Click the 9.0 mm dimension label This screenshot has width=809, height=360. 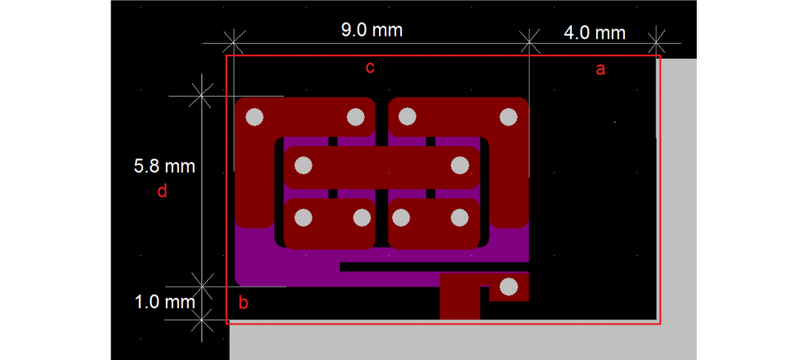pos(371,30)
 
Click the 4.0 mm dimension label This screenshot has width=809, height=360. pos(594,33)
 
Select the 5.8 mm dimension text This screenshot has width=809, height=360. pos(164,167)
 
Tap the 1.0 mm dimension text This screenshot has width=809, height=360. pos(164,301)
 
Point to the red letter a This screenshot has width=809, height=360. pos(600,69)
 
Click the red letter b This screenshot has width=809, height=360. pos(244,303)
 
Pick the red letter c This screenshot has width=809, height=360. pos(370,68)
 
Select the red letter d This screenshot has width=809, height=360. pos(162,192)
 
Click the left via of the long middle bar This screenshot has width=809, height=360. pos(304,166)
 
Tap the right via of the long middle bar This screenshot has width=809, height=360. pos(459,166)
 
